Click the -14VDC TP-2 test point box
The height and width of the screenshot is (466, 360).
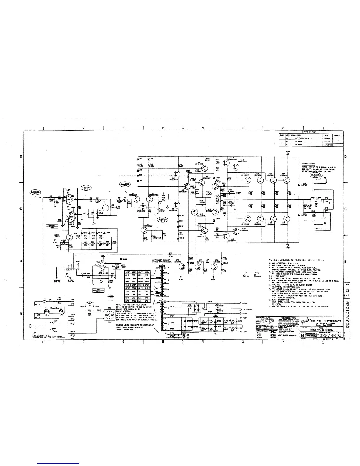pyautogui.click(x=52, y=226)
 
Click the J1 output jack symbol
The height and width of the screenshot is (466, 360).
pyautogui.click(x=327, y=180)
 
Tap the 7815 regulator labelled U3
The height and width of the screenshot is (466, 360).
pyautogui.click(x=216, y=318)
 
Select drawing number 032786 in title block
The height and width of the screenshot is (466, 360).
pyautogui.click(x=328, y=335)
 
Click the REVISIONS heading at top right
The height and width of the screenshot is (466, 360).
pyautogui.click(x=309, y=132)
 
